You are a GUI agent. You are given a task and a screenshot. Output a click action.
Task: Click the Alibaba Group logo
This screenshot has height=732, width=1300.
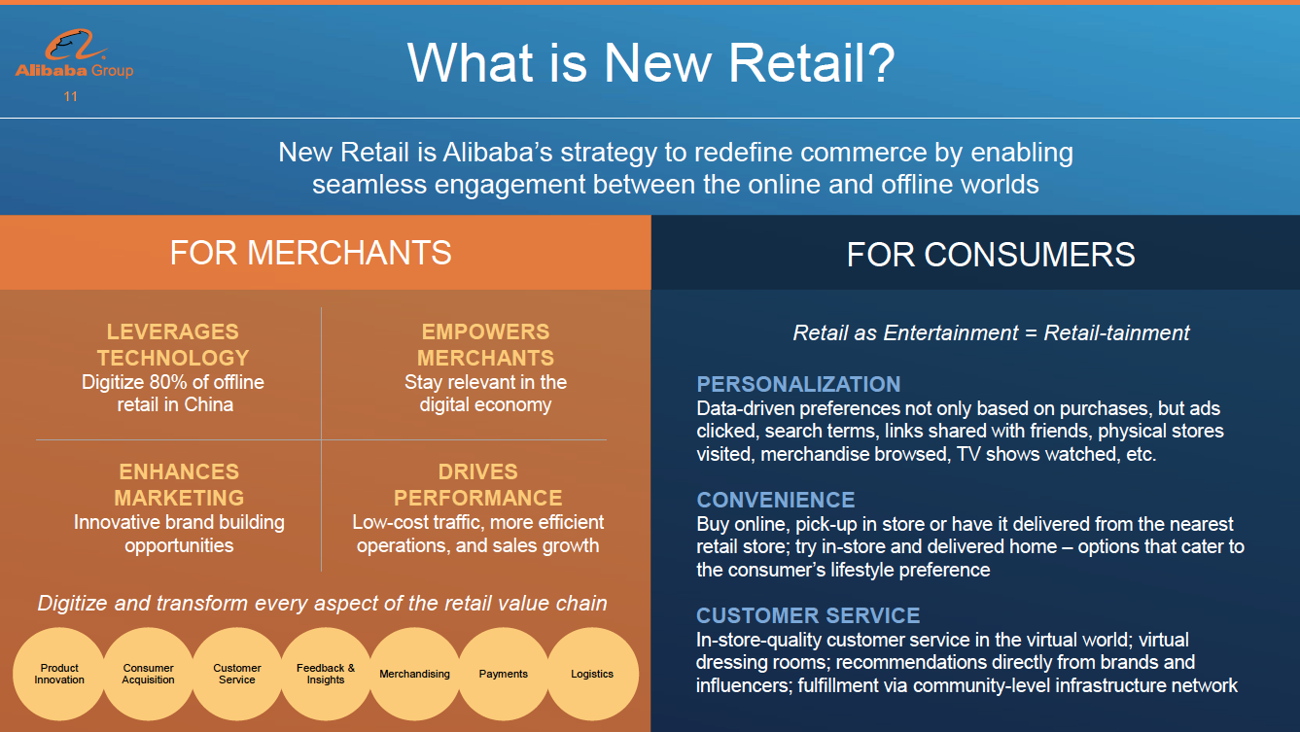pyautogui.click(x=74, y=53)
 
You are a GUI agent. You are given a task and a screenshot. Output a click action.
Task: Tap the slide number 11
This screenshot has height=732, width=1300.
pyautogui.click(x=71, y=97)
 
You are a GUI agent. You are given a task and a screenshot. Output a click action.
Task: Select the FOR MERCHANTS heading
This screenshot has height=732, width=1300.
pyautogui.click(x=310, y=253)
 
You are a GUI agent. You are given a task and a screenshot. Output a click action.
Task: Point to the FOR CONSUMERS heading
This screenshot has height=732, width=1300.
pyautogui.click(x=991, y=255)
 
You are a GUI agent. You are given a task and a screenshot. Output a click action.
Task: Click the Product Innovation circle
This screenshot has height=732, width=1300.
pyautogui.click(x=59, y=674)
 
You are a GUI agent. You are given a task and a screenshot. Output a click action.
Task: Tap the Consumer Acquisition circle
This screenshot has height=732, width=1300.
pyautogui.click(x=148, y=674)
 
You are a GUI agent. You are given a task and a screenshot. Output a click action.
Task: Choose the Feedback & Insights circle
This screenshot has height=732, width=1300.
pyautogui.click(x=326, y=674)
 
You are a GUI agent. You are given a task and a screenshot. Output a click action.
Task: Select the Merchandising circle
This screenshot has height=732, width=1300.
pyautogui.click(x=414, y=674)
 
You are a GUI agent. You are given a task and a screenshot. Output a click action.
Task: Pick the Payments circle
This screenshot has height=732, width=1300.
pyautogui.click(x=503, y=674)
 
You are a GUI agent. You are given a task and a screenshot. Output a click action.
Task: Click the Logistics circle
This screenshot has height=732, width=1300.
pyautogui.click(x=592, y=674)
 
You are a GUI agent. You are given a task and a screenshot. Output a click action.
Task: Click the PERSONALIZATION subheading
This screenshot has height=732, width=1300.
pyautogui.click(x=798, y=384)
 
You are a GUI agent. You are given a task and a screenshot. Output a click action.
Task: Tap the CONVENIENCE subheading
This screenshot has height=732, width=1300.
pyautogui.click(x=775, y=500)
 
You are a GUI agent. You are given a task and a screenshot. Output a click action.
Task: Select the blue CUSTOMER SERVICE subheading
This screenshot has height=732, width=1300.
pyautogui.click(x=808, y=615)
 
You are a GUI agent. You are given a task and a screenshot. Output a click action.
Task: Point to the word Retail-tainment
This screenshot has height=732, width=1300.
pyautogui.click(x=1116, y=332)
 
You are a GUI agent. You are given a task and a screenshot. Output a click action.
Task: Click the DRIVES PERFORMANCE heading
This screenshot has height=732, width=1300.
pyautogui.click(x=477, y=485)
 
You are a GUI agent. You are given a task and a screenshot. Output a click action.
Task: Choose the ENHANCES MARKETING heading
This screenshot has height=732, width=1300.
pyautogui.click(x=179, y=485)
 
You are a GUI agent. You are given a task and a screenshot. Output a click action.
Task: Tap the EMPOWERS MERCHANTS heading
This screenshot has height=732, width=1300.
pyautogui.click(x=485, y=345)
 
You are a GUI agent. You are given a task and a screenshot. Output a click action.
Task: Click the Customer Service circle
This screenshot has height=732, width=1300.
pyautogui.click(x=237, y=674)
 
